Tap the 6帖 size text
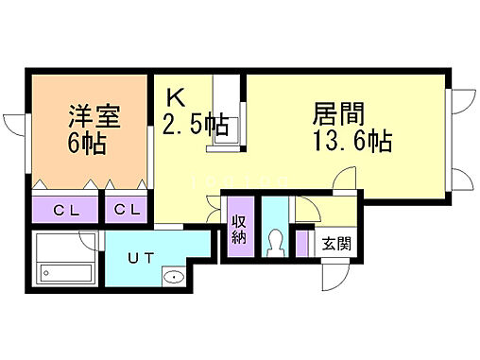[x=87, y=146]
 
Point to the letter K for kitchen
[x=177, y=97]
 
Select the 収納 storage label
[x=239, y=230]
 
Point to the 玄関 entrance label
[x=336, y=244]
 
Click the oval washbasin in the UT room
[x=173, y=277]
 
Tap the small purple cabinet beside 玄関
[x=301, y=244]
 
